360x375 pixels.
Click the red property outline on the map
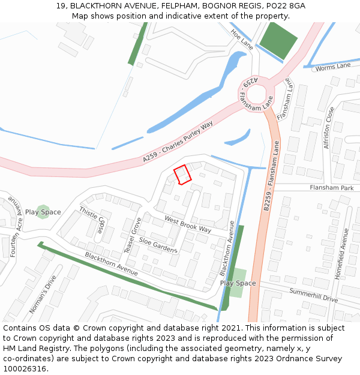182,175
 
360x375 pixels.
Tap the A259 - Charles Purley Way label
178,142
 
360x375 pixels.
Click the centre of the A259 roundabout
256,94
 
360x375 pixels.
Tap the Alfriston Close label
328,128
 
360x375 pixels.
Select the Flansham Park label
331,188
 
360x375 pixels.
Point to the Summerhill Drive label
314,295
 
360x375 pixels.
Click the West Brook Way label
188,224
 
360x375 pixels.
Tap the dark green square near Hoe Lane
278,41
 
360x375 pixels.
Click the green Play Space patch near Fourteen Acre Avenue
43,212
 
